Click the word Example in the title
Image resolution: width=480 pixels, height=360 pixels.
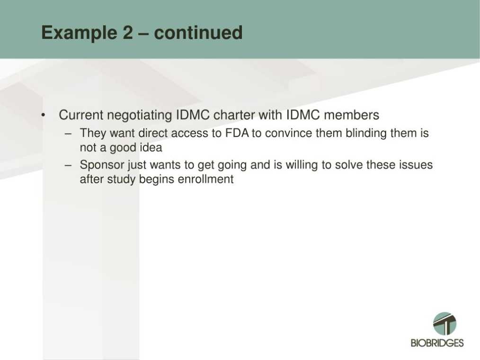click(x=79, y=33)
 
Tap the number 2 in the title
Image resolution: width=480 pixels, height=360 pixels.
click(x=128, y=32)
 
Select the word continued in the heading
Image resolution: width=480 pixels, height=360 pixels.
click(x=198, y=32)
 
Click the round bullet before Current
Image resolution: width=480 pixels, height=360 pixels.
click(x=44, y=115)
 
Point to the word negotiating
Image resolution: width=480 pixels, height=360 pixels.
click(x=140, y=116)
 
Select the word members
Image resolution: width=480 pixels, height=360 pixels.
click(x=351, y=115)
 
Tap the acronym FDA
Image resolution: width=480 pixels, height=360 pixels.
click(x=237, y=133)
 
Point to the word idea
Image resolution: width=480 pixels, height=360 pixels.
click(x=151, y=147)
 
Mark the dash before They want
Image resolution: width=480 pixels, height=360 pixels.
click(x=68, y=134)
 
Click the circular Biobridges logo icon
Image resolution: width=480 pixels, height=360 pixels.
click(x=444, y=324)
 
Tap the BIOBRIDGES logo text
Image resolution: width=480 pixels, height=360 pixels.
click(x=437, y=343)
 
